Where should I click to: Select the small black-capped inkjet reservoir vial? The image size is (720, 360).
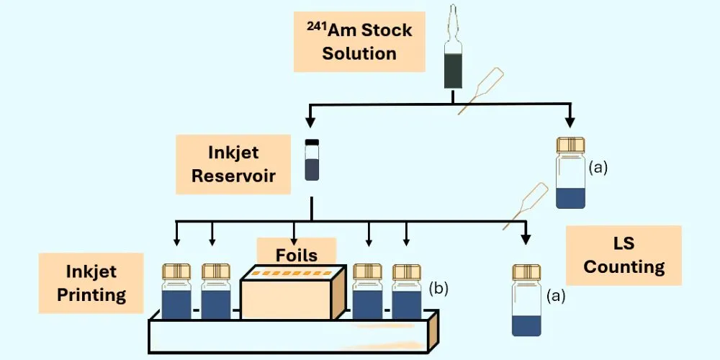pos(311,160)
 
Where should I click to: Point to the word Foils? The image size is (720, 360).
pos(297,254)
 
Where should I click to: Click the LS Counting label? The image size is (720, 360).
pos(624,256)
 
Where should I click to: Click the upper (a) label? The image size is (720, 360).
pos(598,168)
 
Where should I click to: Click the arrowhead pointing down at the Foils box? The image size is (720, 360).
pos(294,240)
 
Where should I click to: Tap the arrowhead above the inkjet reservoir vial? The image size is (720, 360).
pos(311,122)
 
